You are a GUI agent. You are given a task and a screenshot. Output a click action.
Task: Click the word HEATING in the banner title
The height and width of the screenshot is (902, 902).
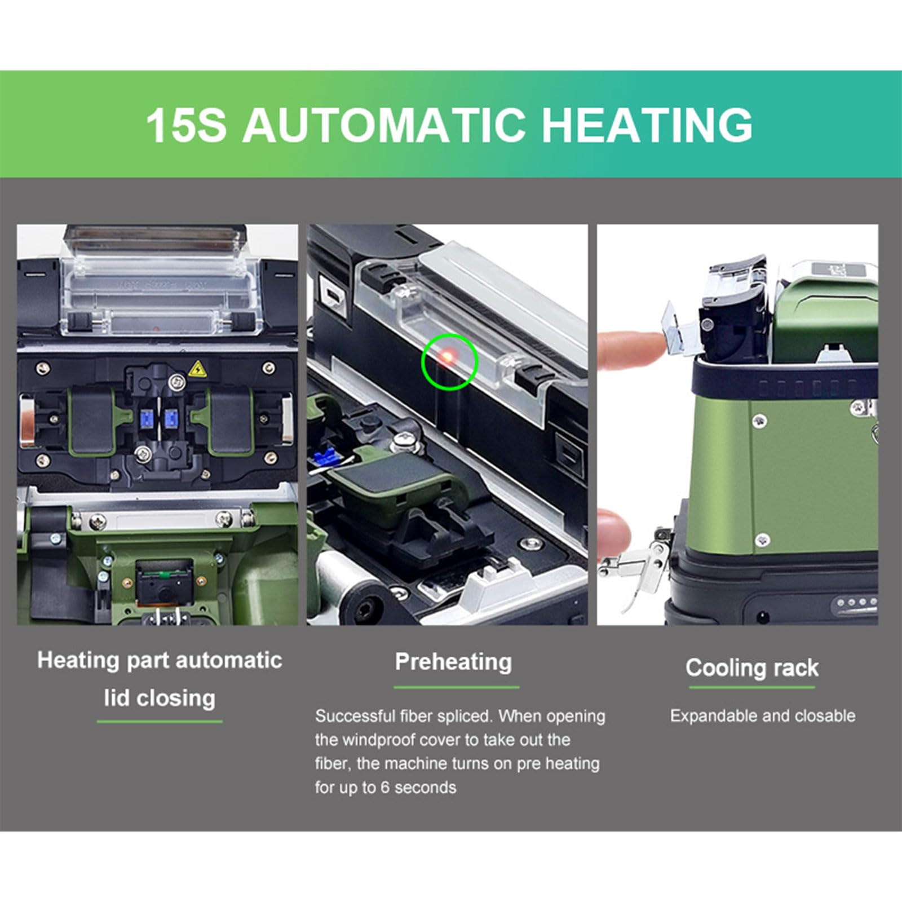point(647,125)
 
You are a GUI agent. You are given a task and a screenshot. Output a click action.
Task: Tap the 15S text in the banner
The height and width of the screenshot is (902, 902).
point(186,125)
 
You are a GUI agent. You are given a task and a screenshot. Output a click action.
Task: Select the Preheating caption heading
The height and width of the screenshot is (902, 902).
point(453,662)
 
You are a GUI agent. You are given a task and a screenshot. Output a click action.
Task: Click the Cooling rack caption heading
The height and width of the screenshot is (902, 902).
point(751,668)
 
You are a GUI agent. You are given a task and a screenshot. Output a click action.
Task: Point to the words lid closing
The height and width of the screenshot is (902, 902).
point(160,698)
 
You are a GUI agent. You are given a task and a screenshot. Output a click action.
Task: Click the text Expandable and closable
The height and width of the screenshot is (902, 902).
point(762,716)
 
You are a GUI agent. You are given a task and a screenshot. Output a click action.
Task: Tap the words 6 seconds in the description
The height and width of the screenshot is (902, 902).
point(418,787)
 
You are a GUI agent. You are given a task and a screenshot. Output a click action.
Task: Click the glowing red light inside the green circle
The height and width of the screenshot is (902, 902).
point(446,356)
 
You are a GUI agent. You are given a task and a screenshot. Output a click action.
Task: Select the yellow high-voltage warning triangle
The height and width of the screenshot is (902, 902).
point(197,369)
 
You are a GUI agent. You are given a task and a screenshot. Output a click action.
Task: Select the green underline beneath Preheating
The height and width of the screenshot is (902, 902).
point(456,688)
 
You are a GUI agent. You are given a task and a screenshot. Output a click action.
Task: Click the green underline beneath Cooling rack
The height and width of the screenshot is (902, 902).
point(751,688)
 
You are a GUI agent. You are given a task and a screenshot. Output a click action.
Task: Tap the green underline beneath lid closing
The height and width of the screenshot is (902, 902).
point(160,722)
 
